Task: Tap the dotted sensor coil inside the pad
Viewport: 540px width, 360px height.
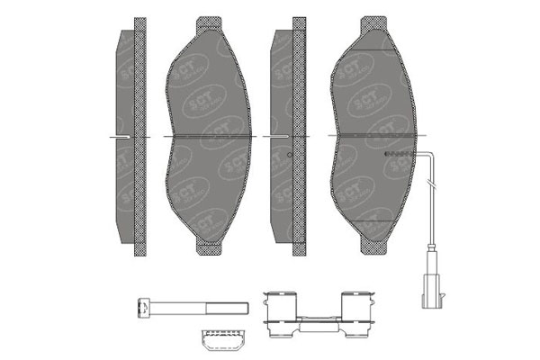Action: point(397,155)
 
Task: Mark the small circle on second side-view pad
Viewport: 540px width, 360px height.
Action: point(287,155)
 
